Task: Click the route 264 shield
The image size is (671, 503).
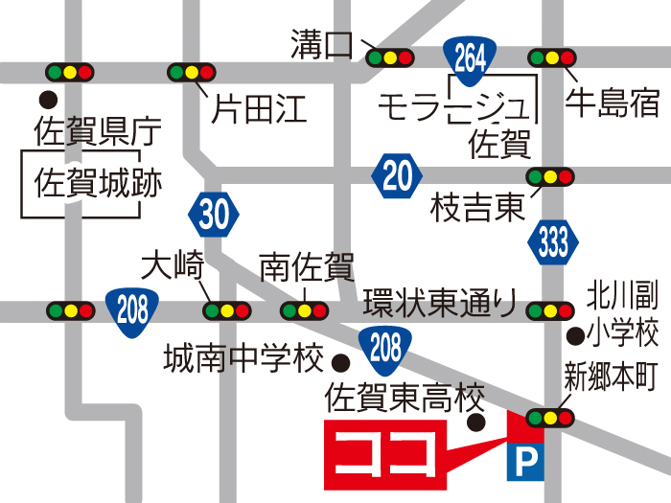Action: coord(470,58)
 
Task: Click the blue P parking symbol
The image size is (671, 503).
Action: coord(523,464)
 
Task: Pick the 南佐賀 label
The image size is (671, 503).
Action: coord(307,265)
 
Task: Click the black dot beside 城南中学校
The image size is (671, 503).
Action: coord(339,361)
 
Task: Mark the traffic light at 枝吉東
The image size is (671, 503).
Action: coord(550,176)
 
